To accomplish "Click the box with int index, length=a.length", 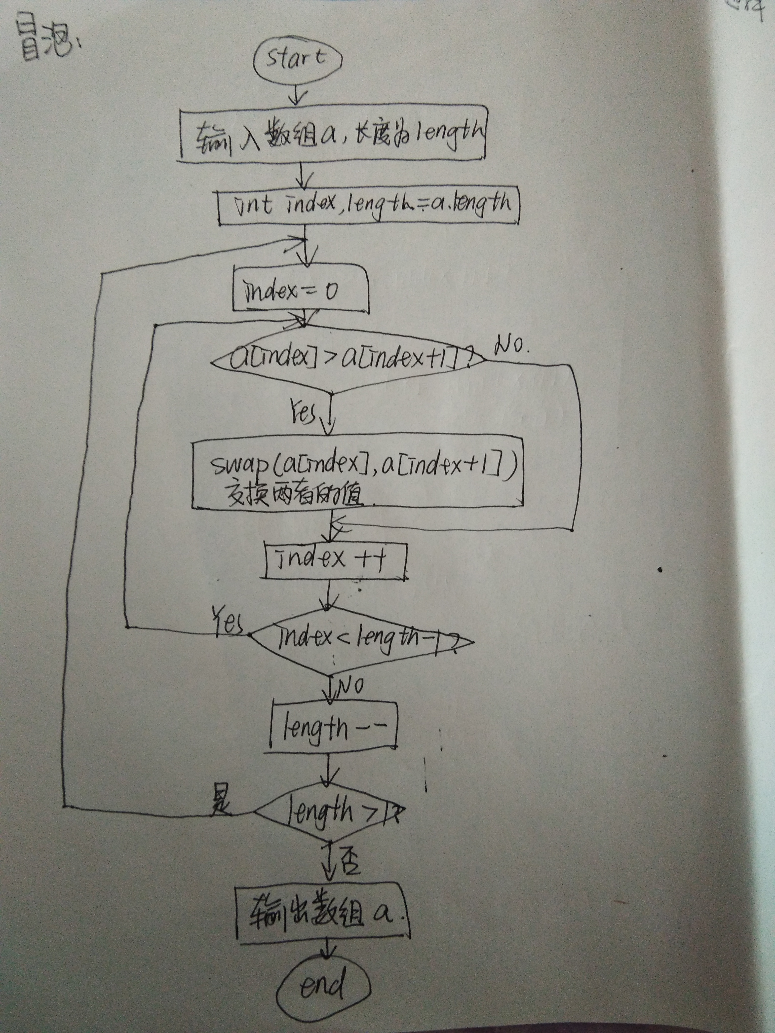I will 369,205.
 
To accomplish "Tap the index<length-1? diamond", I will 362,639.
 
